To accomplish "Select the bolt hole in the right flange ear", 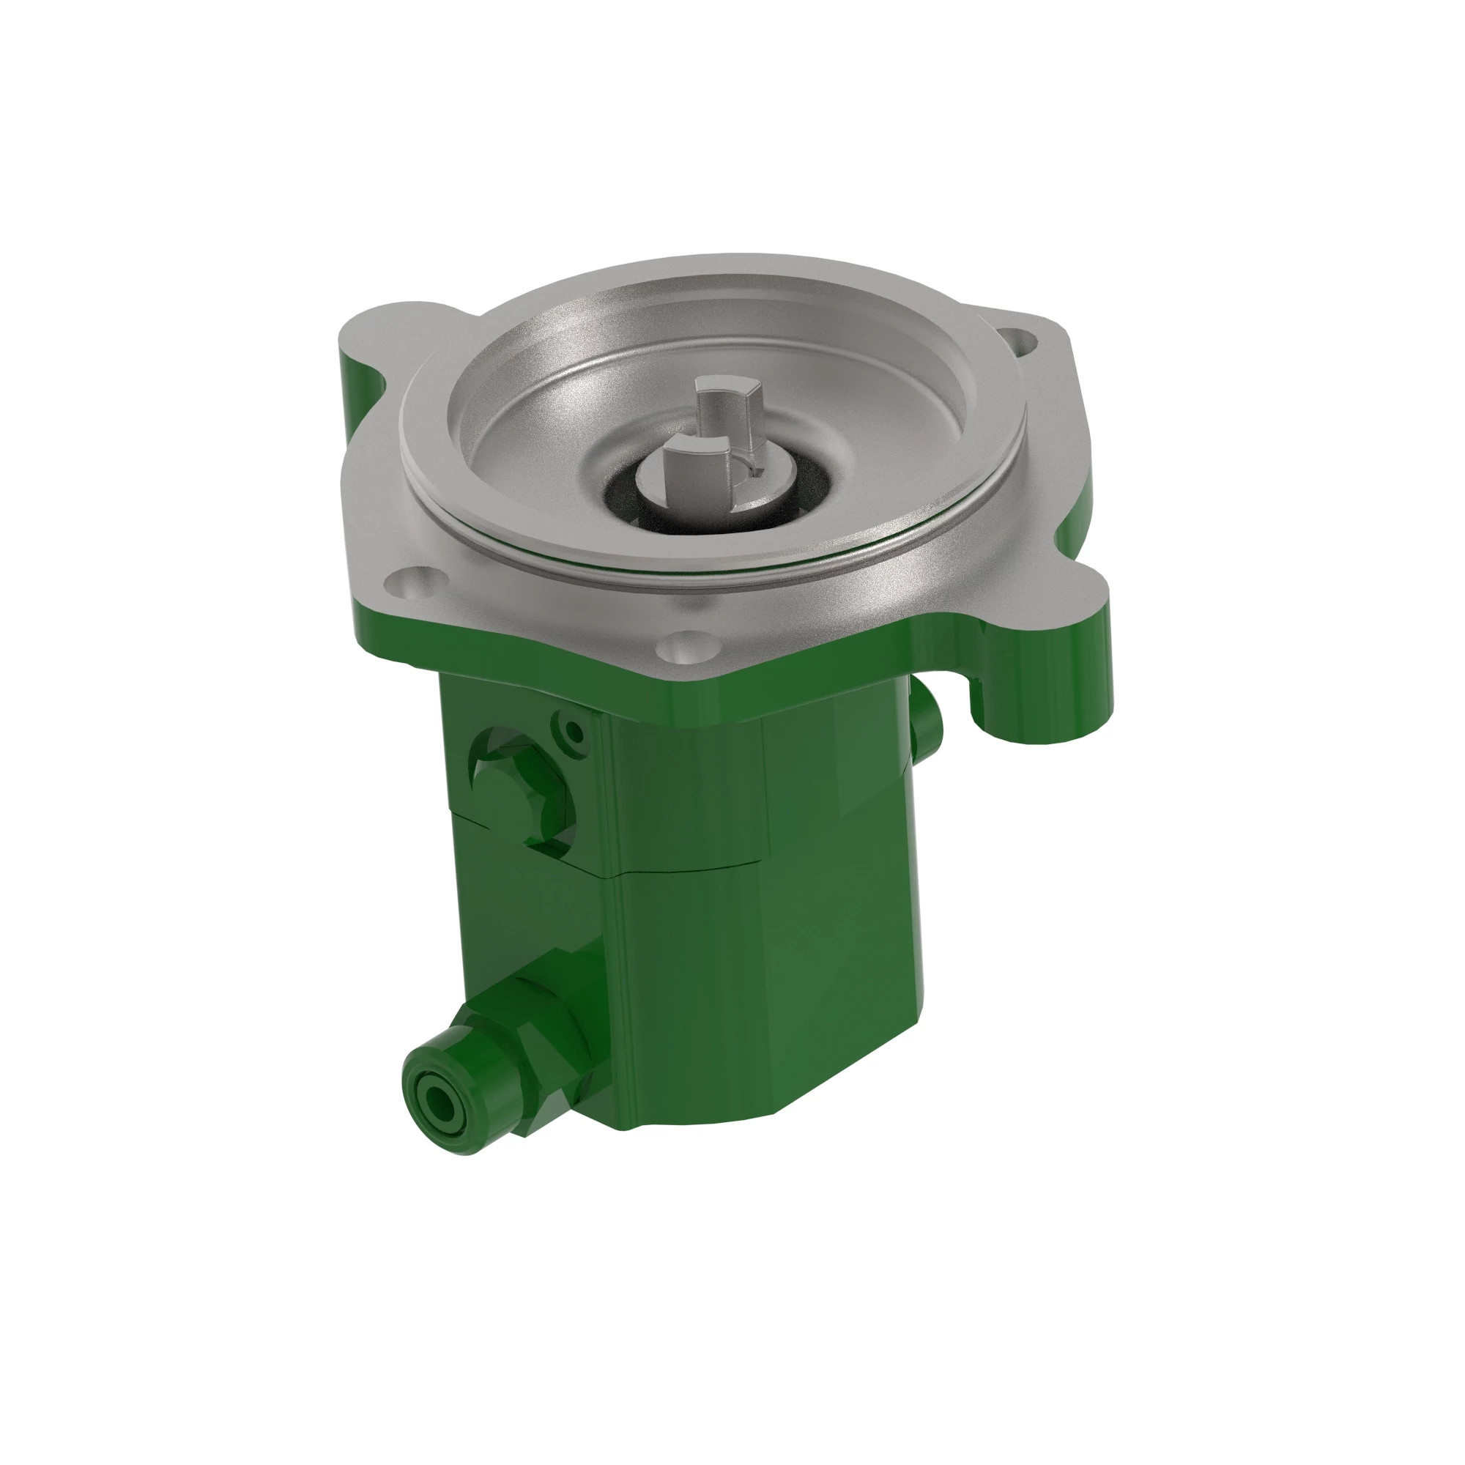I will click(x=1018, y=341).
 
